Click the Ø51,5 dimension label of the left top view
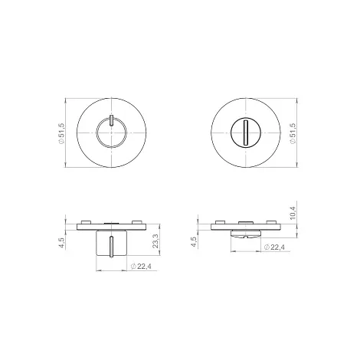(x=62, y=133)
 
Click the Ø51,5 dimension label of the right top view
(x=293, y=133)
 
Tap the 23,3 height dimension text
(x=155, y=241)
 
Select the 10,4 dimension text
(x=293, y=213)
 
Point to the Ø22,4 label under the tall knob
(x=141, y=267)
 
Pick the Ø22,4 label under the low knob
(x=275, y=247)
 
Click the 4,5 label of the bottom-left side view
(x=62, y=242)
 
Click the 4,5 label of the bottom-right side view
(x=194, y=241)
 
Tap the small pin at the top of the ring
(x=111, y=120)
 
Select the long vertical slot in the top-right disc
(x=245, y=133)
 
